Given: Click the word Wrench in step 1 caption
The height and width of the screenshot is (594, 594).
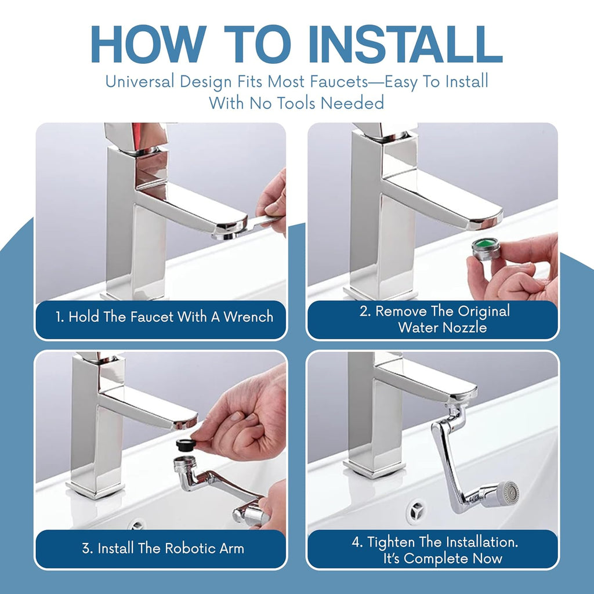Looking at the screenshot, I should pos(248,317).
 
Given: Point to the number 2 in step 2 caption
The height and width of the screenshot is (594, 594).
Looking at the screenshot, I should pos(364,312).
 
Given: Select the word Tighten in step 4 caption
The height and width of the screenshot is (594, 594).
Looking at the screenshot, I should pos(392,542).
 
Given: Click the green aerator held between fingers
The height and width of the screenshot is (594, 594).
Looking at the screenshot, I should pos(486,249).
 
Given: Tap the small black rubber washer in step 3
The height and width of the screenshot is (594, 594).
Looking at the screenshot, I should pos(186,444).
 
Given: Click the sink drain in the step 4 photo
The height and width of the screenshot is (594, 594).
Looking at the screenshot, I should pos(416,511).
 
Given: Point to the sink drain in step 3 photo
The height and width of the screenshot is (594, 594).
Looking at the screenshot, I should pos(137,525).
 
